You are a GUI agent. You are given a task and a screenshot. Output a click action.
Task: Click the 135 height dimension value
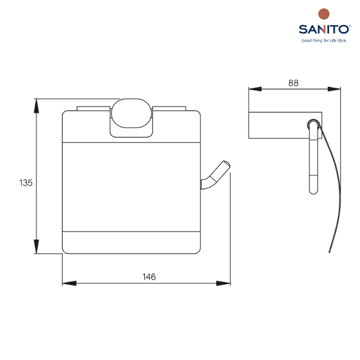26,183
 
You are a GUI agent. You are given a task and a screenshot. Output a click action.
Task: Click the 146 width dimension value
149,277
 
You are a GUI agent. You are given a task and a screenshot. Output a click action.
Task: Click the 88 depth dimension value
294,83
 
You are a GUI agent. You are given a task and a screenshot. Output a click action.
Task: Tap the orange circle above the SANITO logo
323,14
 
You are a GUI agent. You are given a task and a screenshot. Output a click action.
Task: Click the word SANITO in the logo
324,29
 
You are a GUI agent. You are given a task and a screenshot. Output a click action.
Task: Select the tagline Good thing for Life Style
323,41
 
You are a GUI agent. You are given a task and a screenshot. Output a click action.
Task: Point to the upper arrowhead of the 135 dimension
37,106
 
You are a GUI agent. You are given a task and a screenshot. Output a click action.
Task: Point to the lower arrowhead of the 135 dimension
37,246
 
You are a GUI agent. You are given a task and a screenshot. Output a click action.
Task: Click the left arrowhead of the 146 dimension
69,283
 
